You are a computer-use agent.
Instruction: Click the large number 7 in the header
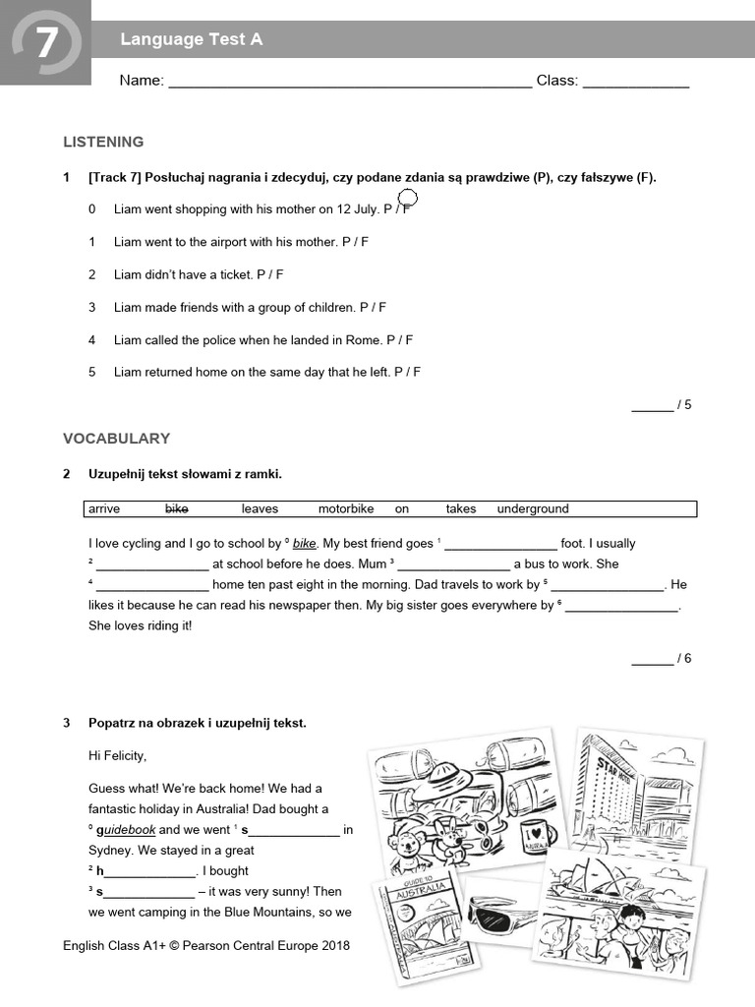46,43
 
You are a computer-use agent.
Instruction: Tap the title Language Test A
191,39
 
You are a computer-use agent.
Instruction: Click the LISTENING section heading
103,142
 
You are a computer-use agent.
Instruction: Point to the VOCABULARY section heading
116,439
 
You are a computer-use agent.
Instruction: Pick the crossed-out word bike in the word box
176,508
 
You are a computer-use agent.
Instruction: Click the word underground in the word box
532,508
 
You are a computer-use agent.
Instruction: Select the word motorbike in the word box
346,508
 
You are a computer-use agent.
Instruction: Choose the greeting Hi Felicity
123,756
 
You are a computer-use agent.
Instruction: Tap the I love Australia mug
534,834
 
